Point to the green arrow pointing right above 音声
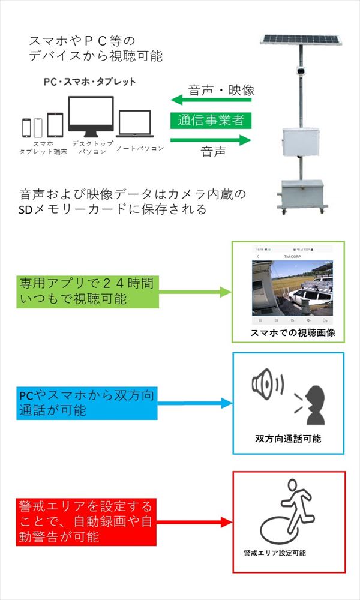pyautogui.click(x=210, y=140)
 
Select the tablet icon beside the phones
pyautogui.click(x=55, y=125)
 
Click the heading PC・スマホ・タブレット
pyautogui.click(x=90, y=82)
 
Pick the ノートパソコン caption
pyautogui.click(x=139, y=148)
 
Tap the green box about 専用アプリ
pyautogui.click(x=88, y=292)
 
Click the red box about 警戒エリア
pyautogui.click(x=87, y=521)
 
